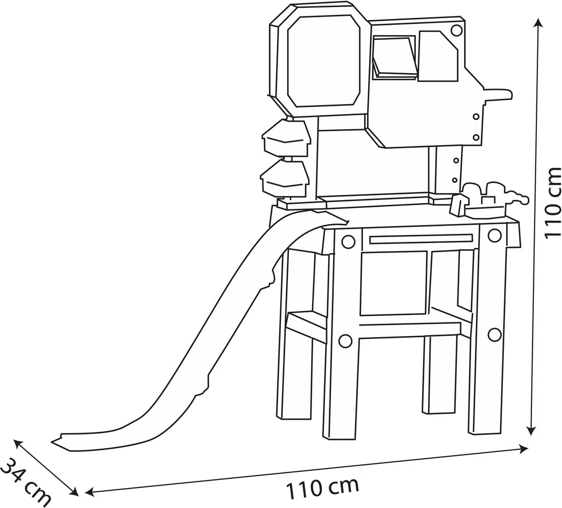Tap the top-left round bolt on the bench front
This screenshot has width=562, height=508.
click(x=348, y=241)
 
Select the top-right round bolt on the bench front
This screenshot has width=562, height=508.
click(x=495, y=236)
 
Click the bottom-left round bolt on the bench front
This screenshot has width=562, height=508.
click(x=346, y=341)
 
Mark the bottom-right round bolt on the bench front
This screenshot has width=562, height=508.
click(x=494, y=334)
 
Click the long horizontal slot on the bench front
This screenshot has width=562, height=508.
click(x=421, y=239)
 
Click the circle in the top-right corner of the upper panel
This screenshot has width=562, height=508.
click(x=457, y=30)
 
